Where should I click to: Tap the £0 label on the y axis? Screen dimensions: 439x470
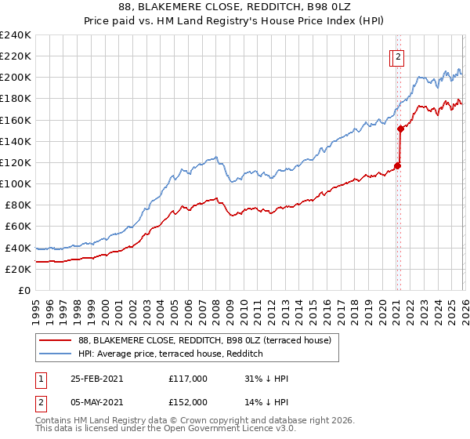23,290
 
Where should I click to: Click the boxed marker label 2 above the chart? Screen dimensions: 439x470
399,56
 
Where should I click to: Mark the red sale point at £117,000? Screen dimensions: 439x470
397,165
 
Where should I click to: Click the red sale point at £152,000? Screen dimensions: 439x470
400,129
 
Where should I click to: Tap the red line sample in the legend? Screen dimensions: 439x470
55,340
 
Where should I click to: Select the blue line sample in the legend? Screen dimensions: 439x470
55,354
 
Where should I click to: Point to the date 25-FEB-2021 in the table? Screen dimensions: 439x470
96,379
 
